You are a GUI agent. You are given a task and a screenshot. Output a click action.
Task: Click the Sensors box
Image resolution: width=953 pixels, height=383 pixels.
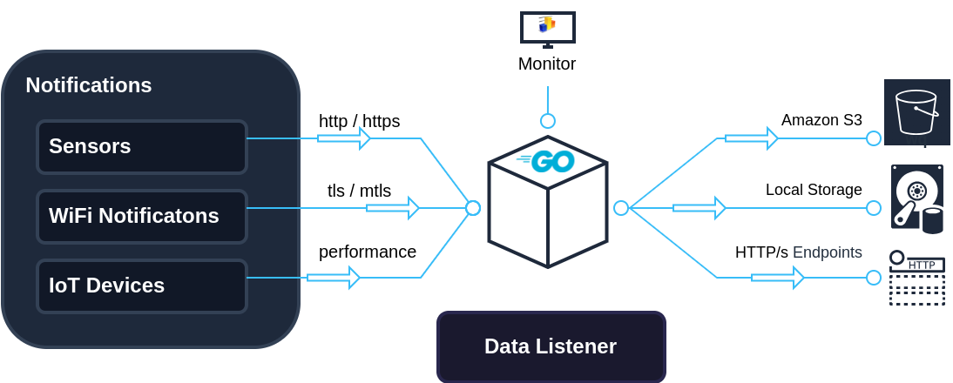click(142, 146)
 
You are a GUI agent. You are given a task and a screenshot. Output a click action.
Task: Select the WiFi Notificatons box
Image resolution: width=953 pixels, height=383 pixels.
click(142, 216)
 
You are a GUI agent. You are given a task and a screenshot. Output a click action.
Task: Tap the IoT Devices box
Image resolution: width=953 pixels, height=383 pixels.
click(142, 286)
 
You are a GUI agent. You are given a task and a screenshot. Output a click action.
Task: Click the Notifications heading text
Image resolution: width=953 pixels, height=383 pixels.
click(88, 85)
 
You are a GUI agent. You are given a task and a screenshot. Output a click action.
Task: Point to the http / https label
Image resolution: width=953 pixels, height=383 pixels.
click(359, 120)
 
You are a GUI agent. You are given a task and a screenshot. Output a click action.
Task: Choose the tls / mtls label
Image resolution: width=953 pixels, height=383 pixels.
click(358, 190)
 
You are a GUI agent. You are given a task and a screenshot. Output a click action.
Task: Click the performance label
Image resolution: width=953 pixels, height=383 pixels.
click(367, 252)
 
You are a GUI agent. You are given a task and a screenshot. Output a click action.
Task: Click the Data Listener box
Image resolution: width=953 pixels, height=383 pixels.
click(551, 346)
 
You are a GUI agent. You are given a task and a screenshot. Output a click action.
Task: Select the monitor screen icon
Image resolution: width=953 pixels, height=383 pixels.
click(547, 29)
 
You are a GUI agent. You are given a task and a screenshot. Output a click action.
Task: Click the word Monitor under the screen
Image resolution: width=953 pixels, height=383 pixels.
click(547, 64)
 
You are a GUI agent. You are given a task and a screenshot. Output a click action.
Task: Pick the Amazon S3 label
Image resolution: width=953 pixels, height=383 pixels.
click(821, 119)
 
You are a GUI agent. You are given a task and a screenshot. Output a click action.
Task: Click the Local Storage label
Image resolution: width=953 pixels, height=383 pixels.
click(814, 189)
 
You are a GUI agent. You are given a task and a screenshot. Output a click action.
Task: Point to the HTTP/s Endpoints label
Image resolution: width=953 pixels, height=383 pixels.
click(798, 252)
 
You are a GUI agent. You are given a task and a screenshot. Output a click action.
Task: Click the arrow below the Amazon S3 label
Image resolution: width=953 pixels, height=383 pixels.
click(751, 138)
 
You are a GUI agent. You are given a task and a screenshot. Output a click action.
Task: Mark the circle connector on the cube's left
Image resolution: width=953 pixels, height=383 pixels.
click(473, 208)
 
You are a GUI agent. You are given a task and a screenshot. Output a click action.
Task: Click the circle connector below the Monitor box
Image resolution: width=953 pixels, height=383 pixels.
click(547, 121)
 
